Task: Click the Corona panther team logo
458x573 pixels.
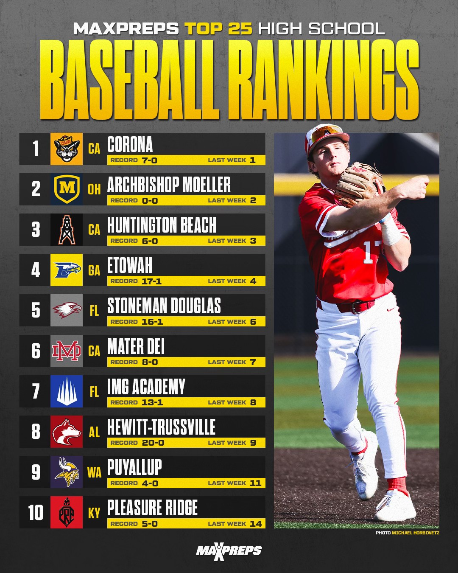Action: [67, 149]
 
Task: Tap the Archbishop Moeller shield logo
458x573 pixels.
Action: [67, 189]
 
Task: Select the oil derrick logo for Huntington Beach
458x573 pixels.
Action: [67, 230]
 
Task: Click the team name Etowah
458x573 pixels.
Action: [130, 265]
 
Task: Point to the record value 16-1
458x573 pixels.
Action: [152, 322]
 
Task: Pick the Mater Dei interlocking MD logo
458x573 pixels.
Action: [67, 351]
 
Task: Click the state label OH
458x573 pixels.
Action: [94, 189]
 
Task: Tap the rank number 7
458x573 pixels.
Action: [36, 391]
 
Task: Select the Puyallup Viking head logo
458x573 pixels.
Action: [67, 472]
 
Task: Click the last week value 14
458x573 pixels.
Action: [256, 524]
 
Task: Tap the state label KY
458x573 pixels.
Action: [94, 513]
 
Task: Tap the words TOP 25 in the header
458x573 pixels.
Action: [218, 28]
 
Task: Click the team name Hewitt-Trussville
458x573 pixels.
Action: [161, 427]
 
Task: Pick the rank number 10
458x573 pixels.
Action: [36, 513]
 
